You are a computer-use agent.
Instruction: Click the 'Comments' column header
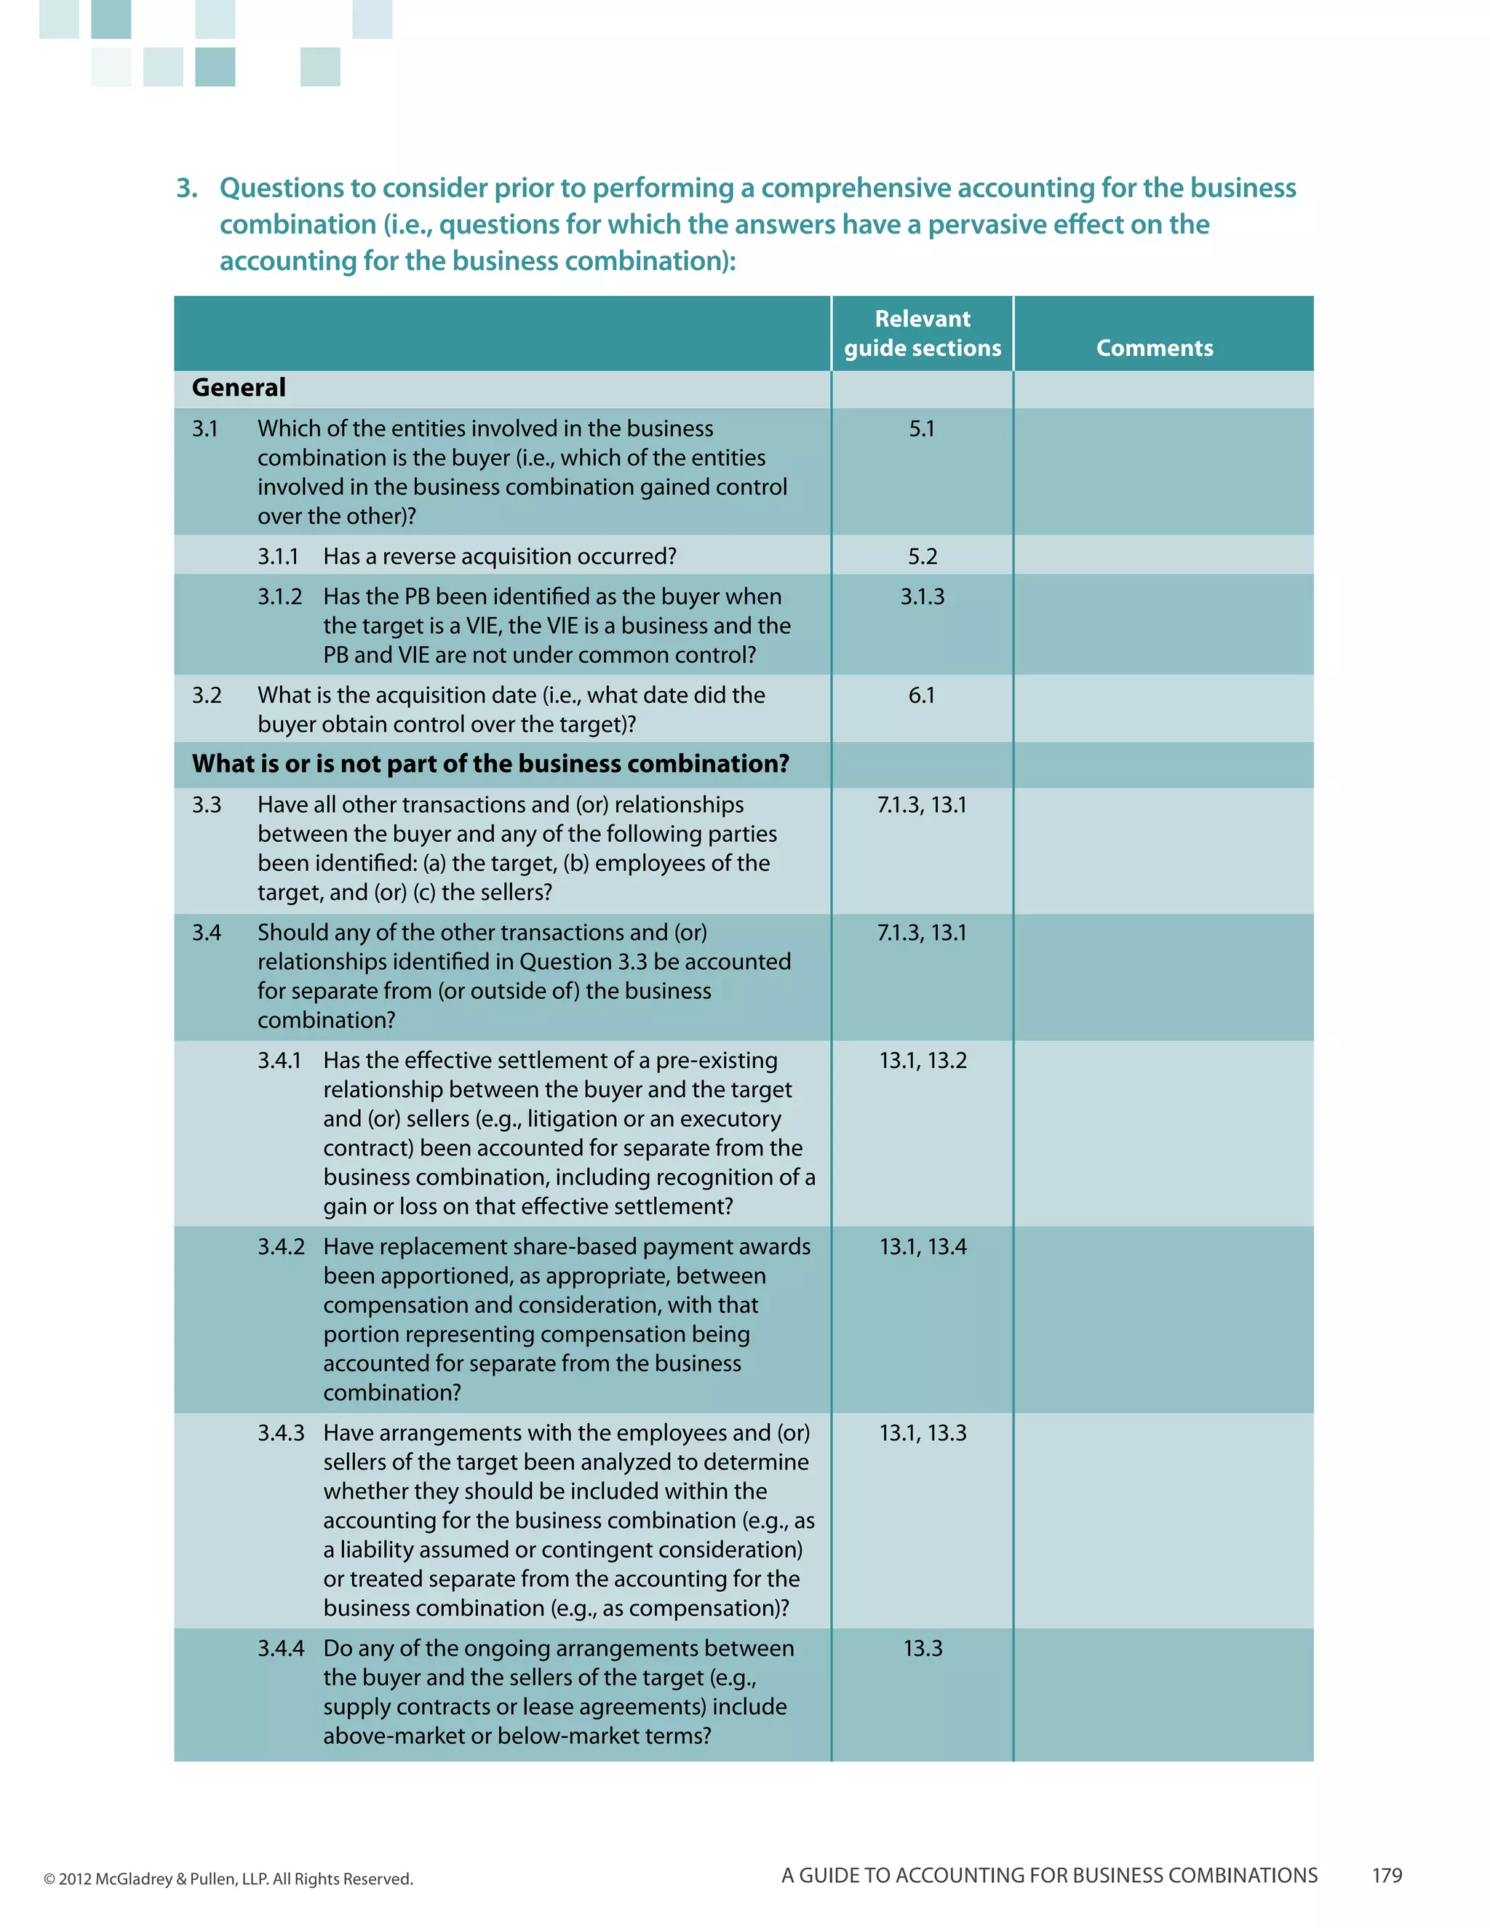click(1154, 348)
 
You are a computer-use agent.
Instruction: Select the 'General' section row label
click(239, 388)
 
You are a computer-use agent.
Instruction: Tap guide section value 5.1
click(922, 429)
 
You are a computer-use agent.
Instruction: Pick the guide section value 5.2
click(923, 557)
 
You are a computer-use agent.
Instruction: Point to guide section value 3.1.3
click(923, 597)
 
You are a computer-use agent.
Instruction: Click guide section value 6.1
click(922, 696)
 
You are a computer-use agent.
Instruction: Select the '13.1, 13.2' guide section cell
click(923, 1060)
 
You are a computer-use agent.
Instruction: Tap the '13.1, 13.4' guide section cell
click(923, 1246)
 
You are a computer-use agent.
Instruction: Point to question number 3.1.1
click(278, 557)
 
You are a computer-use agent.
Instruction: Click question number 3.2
click(207, 696)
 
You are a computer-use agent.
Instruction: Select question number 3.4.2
click(281, 1246)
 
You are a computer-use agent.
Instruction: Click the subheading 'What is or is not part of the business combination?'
click(490, 764)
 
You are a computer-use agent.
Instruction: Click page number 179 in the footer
click(1387, 1875)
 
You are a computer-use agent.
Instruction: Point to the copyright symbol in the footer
click(49, 1879)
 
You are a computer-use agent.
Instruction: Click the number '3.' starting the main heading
click(186, 188)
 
